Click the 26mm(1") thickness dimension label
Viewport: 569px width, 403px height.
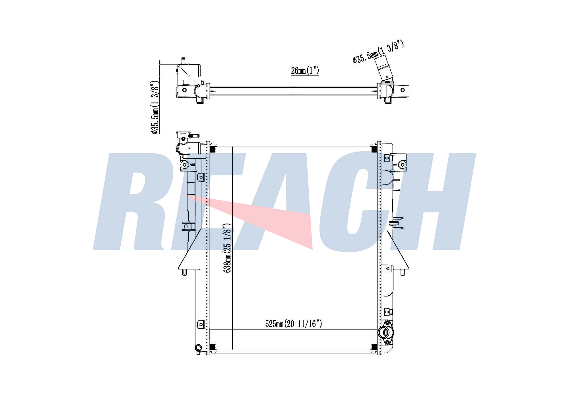(x=305, y=71)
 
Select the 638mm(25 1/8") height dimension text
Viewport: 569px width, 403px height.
(x=227, y=248)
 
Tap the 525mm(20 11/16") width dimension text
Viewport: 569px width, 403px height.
(x=294, y=324)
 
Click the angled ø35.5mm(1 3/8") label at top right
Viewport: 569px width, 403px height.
(x=378, y=52)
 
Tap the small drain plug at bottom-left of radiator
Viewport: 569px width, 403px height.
(x=198, y=347)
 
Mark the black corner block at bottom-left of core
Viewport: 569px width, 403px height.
(x=213, y=347)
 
